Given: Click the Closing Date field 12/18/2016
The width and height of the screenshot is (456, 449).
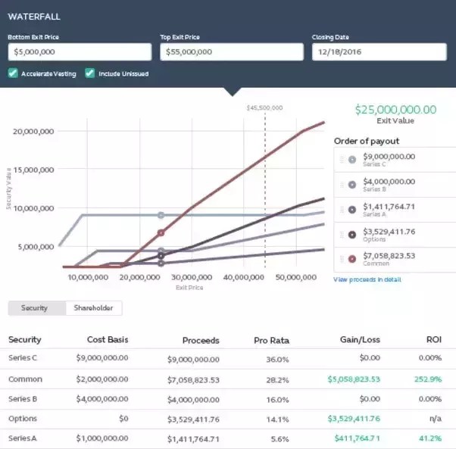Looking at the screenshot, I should click(379, 51).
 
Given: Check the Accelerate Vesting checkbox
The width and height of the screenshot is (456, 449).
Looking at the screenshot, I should click(13, 73).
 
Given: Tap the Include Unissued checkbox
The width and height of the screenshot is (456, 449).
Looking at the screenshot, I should click(90, 73).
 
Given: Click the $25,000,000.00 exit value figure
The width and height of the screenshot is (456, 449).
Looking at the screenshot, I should click(395, 110).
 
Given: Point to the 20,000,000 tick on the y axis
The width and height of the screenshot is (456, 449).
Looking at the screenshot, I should click(33, 131).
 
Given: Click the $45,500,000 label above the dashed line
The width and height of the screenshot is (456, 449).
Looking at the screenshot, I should click(264, 108).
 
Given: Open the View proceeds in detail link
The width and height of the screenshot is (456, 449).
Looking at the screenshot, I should click(367, 279).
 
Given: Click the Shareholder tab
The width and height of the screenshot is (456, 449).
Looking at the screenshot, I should click(93, 308).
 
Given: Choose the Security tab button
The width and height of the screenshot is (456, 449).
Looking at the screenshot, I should click(36, 308).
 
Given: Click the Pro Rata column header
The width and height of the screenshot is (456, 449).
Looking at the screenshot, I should click(271, 340).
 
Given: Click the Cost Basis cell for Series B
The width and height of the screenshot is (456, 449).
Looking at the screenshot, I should click(102, 399).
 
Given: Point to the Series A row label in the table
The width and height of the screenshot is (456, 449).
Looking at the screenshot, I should click(23, 438).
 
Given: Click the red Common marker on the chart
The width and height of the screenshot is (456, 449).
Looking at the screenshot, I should click(161, 233).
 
